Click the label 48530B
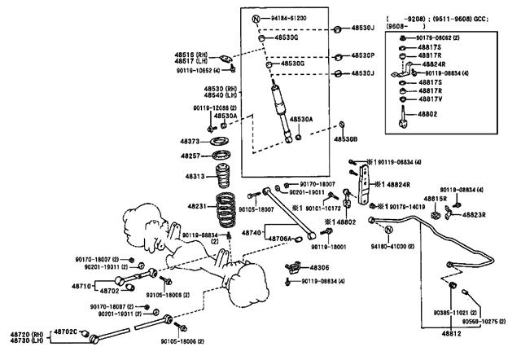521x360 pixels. (x=345, y=138)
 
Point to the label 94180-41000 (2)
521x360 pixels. (x=393, y=245)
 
